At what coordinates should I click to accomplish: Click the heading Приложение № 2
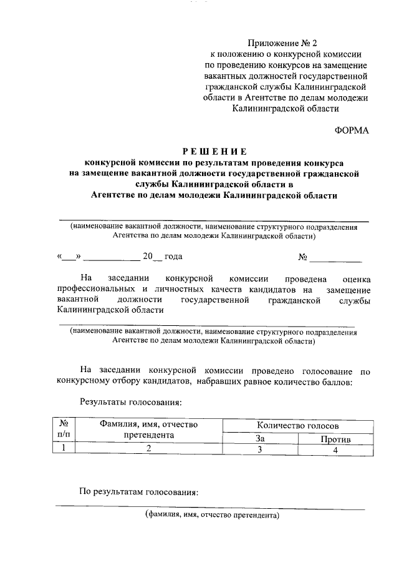(x=282, y=43)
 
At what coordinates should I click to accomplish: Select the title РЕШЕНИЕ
(x=214, y=151)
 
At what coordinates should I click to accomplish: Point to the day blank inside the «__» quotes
(x=69, y=257)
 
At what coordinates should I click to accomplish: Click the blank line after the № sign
(x=335, y=257)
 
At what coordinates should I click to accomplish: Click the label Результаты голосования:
(x=130, y=403)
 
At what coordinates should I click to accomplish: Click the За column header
(x=260, y=439)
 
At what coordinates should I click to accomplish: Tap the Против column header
(x=335, y=439)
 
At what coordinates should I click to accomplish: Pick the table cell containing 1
(x=63, y=450)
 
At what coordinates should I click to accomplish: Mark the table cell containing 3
(x=260, y=450)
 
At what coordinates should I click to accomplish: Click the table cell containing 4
(x=335, y=450)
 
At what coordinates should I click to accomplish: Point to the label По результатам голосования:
(x=138, y=492)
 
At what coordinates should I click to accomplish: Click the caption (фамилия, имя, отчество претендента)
(x=213, y=516)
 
